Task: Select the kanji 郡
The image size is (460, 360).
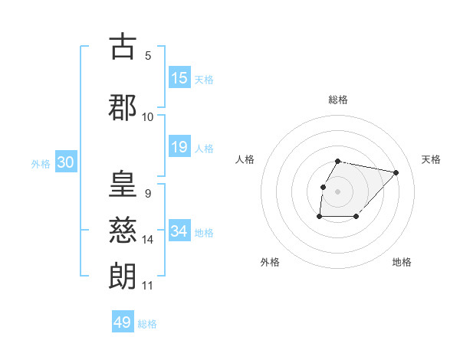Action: [x=123, y=107]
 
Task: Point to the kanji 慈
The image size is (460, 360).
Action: [x=123, y=231]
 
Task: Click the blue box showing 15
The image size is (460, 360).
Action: [x=179, y=78]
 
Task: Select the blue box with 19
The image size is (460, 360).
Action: [x=179, y=147]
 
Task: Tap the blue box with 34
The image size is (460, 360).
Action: [x=179, y=231]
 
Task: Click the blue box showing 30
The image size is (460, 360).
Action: [x=65, y=162]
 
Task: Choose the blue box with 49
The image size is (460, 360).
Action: [x=123, y=322]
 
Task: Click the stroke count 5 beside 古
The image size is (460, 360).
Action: [x=148, y=56]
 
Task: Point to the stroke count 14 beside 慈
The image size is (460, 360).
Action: [x=148, y=240]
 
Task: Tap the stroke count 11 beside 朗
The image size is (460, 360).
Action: [x=148, y=286]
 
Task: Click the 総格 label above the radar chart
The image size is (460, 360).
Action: [x=338, y=100]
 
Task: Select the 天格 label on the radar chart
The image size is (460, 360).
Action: [x=431, y=159]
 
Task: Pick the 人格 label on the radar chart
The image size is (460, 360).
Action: [x=245, y=159]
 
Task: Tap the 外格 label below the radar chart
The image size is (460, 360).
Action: [x=270, y=262]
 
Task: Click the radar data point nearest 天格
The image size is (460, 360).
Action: [x=396, y=172]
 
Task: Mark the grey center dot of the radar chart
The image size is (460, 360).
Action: [x=337, y=191]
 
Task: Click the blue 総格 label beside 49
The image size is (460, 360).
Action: [x=148, y=324]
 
